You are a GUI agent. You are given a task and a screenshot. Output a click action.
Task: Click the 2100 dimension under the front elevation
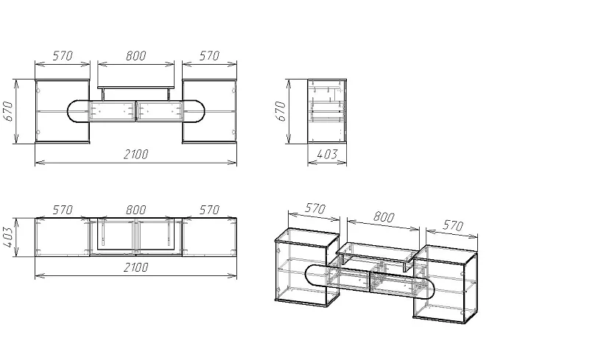136,155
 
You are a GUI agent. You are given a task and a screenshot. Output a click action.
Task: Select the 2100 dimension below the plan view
136,267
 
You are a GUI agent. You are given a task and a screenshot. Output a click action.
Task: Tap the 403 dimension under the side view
327,154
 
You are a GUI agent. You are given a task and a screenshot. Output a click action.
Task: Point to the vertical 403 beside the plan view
8,237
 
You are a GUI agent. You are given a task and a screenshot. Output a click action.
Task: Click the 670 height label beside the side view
281,111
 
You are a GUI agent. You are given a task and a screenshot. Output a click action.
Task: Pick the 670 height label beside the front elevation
8,111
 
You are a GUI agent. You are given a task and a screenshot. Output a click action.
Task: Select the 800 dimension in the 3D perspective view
383,216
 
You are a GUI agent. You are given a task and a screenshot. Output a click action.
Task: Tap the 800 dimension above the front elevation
136,56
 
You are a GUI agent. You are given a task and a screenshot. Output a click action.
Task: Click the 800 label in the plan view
136,210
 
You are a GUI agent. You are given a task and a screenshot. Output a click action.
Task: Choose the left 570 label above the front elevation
63,56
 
